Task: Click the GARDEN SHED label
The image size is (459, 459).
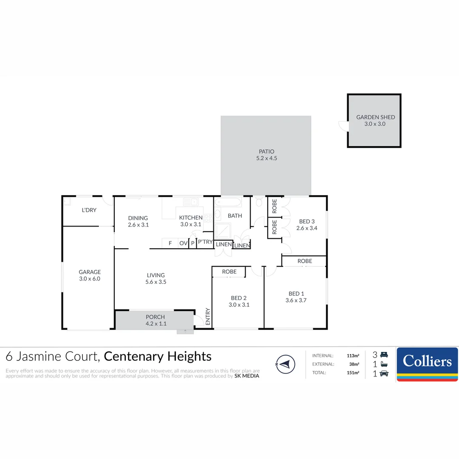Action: click(375, 117)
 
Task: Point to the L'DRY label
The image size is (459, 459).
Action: click(89, 210)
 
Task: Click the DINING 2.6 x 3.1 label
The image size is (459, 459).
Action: click(138, 221)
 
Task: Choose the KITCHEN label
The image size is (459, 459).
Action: click(191, 218)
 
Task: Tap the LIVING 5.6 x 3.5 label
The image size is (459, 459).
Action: click(156, 278)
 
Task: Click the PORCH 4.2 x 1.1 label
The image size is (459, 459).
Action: click(155, 320)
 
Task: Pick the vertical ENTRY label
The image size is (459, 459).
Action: click(208, 317)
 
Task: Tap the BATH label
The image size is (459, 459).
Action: click(235, 215)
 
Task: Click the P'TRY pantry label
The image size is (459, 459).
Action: click(205, 242)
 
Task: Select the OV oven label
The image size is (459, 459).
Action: click(183, 243)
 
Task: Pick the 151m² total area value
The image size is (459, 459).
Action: click(353, 373)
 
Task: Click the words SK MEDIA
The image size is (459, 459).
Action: click(247, 376)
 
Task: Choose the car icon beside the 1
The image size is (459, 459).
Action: click(384, 374)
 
